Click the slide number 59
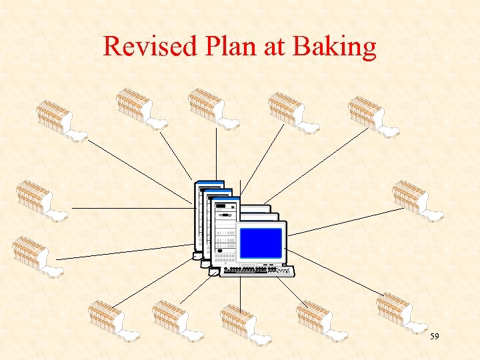click(434, 337)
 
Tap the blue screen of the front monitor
click(261, 243)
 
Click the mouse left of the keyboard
click(213, 272)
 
